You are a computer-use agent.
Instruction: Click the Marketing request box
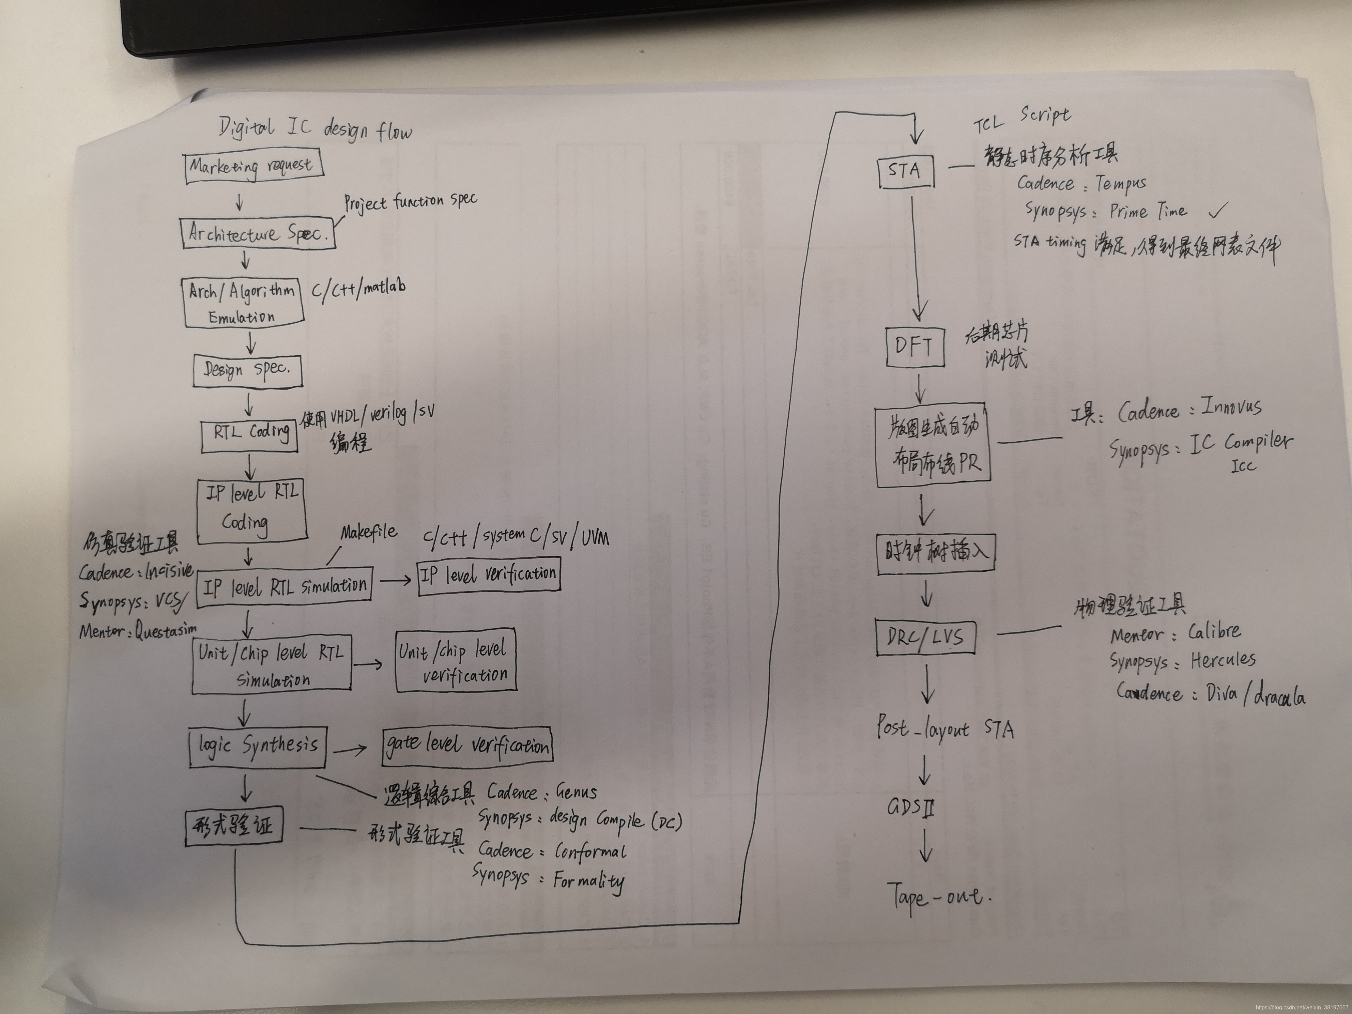pyautogui.click(x=253, y=167)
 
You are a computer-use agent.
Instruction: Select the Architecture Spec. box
pyautogui.click(x=259, y=233)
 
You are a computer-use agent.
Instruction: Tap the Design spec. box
pyautogui.click(x=248, y=370)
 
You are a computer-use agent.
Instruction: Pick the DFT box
pyautogui.click(x=915, y=347)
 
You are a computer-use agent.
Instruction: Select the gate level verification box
pyautogui.click(x=467, y=745)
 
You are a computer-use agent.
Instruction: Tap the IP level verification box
pyautogui.click(x=488, y=575)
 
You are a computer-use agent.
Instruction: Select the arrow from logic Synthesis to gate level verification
pyautogui.click(x=350, y=749)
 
